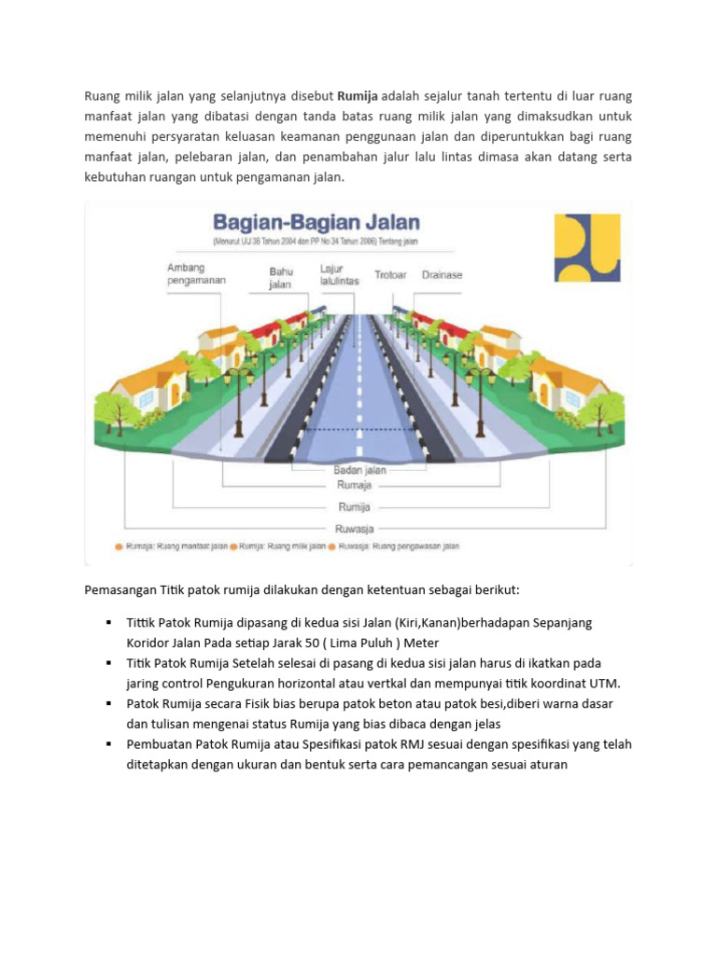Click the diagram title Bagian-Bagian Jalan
pyautogui.click(x=316, y=223)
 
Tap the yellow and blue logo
pyautogui.click(x=585, y=248)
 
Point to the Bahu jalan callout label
pyautogui.click(x=281, y=278)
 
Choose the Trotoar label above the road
pyautogui.click(x=392, y=275)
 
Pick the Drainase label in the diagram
pyautogui.click(x=442, y=275)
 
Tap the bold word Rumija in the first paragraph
pyautogui.click(x=358, y=96)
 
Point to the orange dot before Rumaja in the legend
pyautogui.click(x=119, y=547)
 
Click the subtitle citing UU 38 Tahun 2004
pyautogui.click(x=316, y=242)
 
